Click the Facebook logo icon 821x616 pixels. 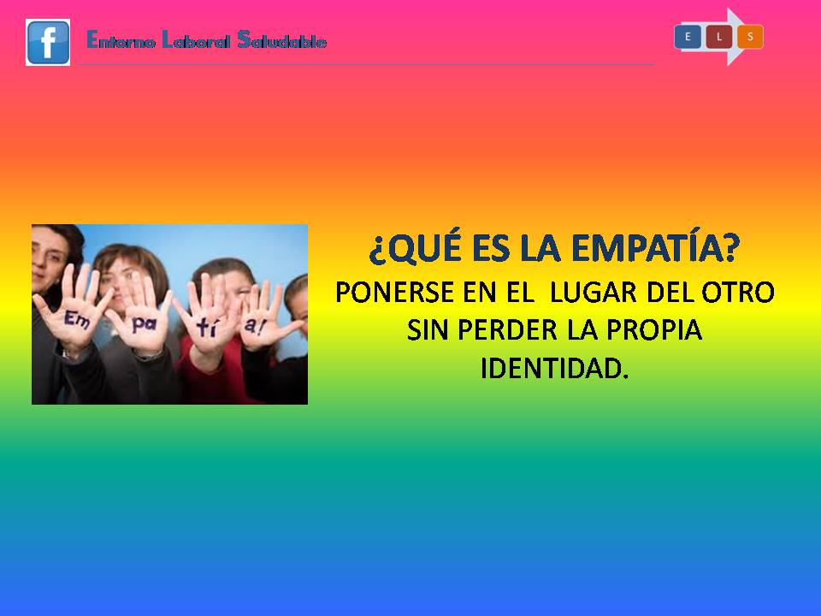pyautogui.click(x=48, y=43)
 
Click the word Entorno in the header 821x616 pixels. pyautogui.click(x=121, y=40)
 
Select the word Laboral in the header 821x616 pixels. pyautogui.click(x=196, y=40)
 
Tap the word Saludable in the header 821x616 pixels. pyautogui.click(x=281, y=40)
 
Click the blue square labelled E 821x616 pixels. pyautogui.click(x=688, y=37)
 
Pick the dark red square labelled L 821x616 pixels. pyautogui.click(x=719, y=37)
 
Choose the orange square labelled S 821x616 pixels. pyautogui.click(x=750, y=37)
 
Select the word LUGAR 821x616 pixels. pyautogui.click(x=593, y=293)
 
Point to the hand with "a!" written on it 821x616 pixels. pyautogui.click(x=262, y=319)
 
